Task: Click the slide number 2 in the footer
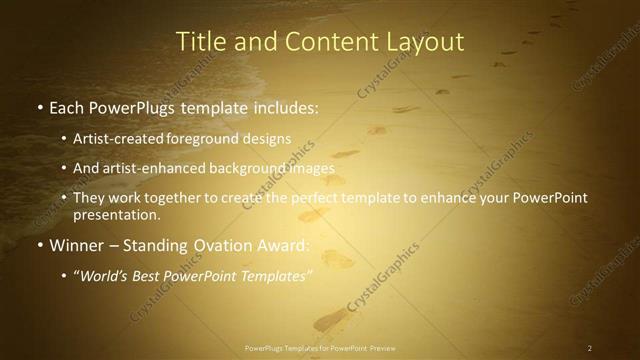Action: pyautogui.click(x=589, y=348)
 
